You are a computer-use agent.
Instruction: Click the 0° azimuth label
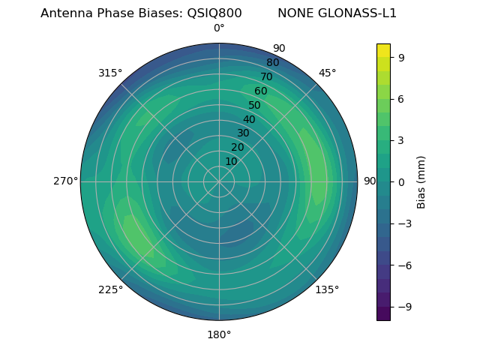(219, 28)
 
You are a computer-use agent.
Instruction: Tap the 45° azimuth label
(328, 73)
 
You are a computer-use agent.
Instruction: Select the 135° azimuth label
(327, 289)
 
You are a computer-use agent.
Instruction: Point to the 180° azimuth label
(219, 334)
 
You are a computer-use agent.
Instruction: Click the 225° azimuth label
(110, 289)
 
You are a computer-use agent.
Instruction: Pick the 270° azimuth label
(65, 181)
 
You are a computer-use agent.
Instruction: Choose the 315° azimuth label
(110, 73)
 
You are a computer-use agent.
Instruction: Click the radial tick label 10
(231, 161)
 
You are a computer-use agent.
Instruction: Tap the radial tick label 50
(255, 106)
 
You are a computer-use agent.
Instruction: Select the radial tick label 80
(272, 63)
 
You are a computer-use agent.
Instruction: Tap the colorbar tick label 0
(402, 181)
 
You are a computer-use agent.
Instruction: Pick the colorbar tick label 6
(402, 98)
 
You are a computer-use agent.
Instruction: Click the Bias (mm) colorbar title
(421, 181)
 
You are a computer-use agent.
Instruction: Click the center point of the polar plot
(219, 181)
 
